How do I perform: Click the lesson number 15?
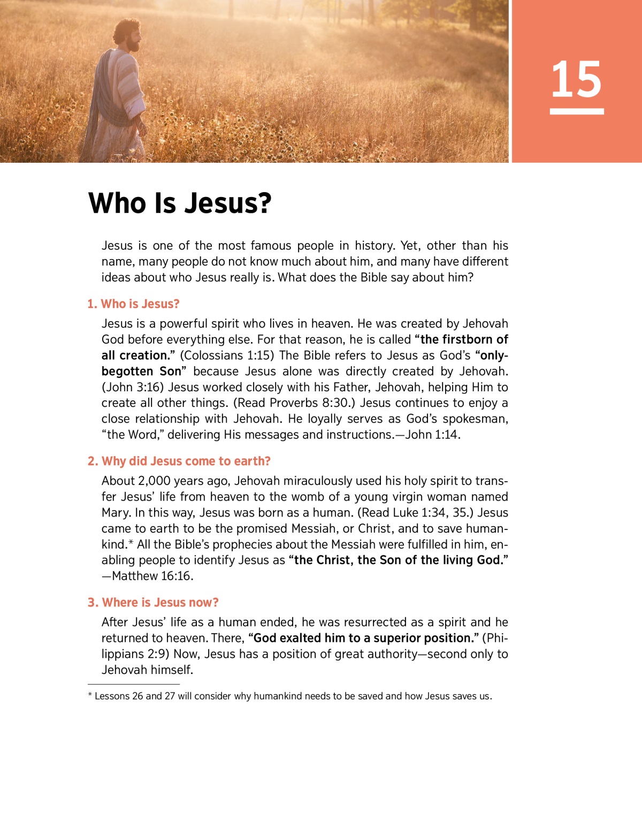[576, 79]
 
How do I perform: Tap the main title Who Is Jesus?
[180, 203]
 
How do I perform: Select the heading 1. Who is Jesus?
[133, 304]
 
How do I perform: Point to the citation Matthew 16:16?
[152, 576]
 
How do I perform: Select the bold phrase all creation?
[135, 355]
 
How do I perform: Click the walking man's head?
[128, 35]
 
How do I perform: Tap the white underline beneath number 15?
[576, 111]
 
